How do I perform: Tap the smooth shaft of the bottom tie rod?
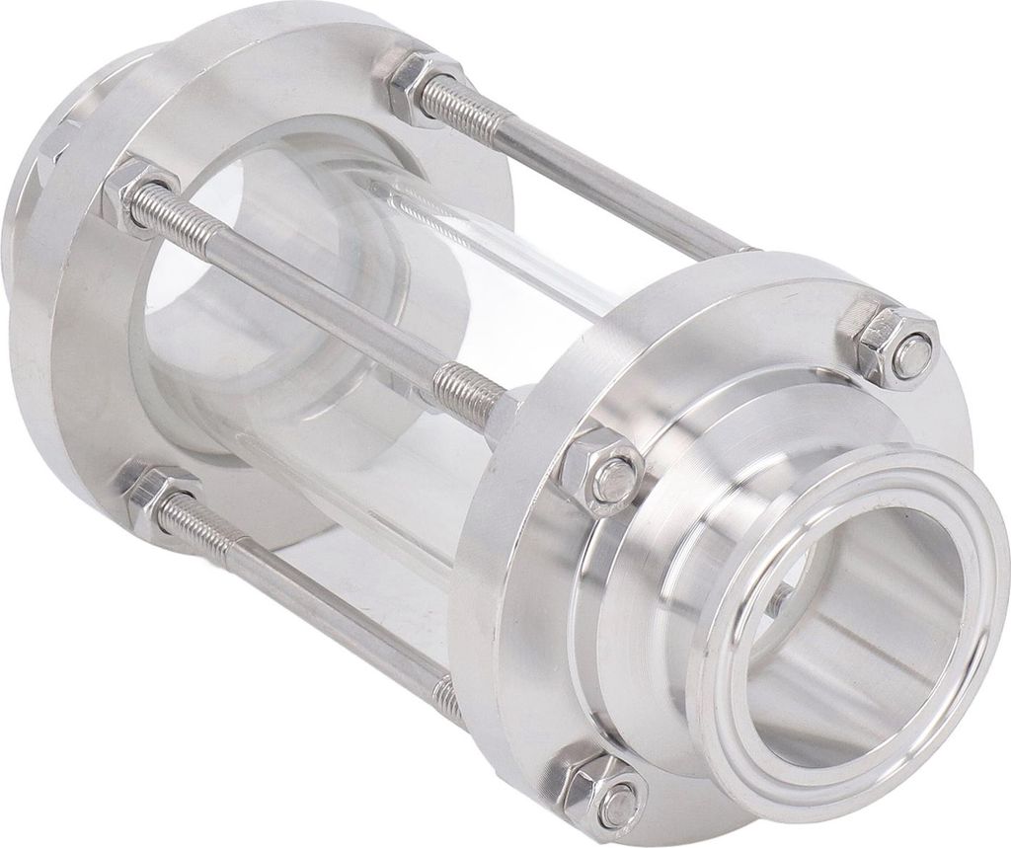326,602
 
